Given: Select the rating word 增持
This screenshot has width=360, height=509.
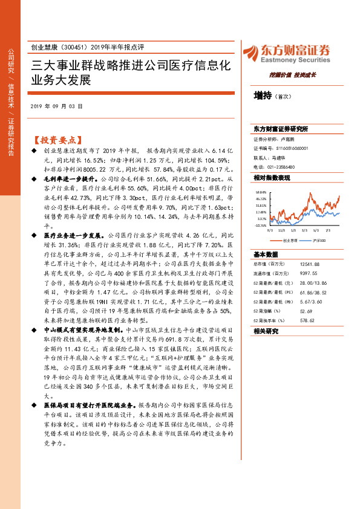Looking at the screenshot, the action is click(262, 95).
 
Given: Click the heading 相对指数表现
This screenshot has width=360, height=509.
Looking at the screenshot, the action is click(272, 178).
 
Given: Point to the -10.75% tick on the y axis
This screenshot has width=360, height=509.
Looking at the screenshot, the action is click(260, 225).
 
